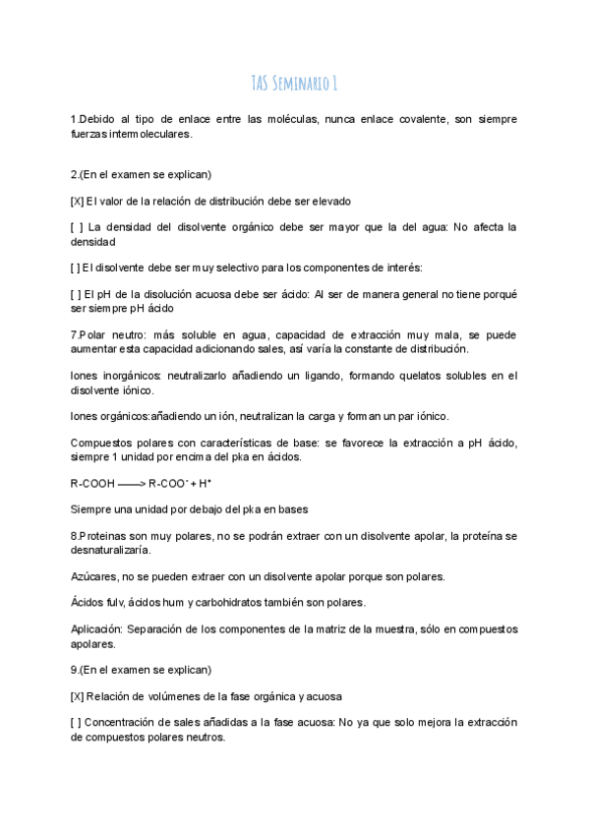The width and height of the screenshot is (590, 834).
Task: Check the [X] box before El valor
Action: pos(77,202)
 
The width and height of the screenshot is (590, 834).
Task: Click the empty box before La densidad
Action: pos(77,227)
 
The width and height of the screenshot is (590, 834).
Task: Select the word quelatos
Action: pos(426,376)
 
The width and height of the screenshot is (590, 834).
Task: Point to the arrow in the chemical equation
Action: pos(132,485)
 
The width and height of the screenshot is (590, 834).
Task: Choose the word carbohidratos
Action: pos(239,602)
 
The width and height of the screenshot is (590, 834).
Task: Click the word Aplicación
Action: pos(97,628)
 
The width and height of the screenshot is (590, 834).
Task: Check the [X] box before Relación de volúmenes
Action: pos(77,696)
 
